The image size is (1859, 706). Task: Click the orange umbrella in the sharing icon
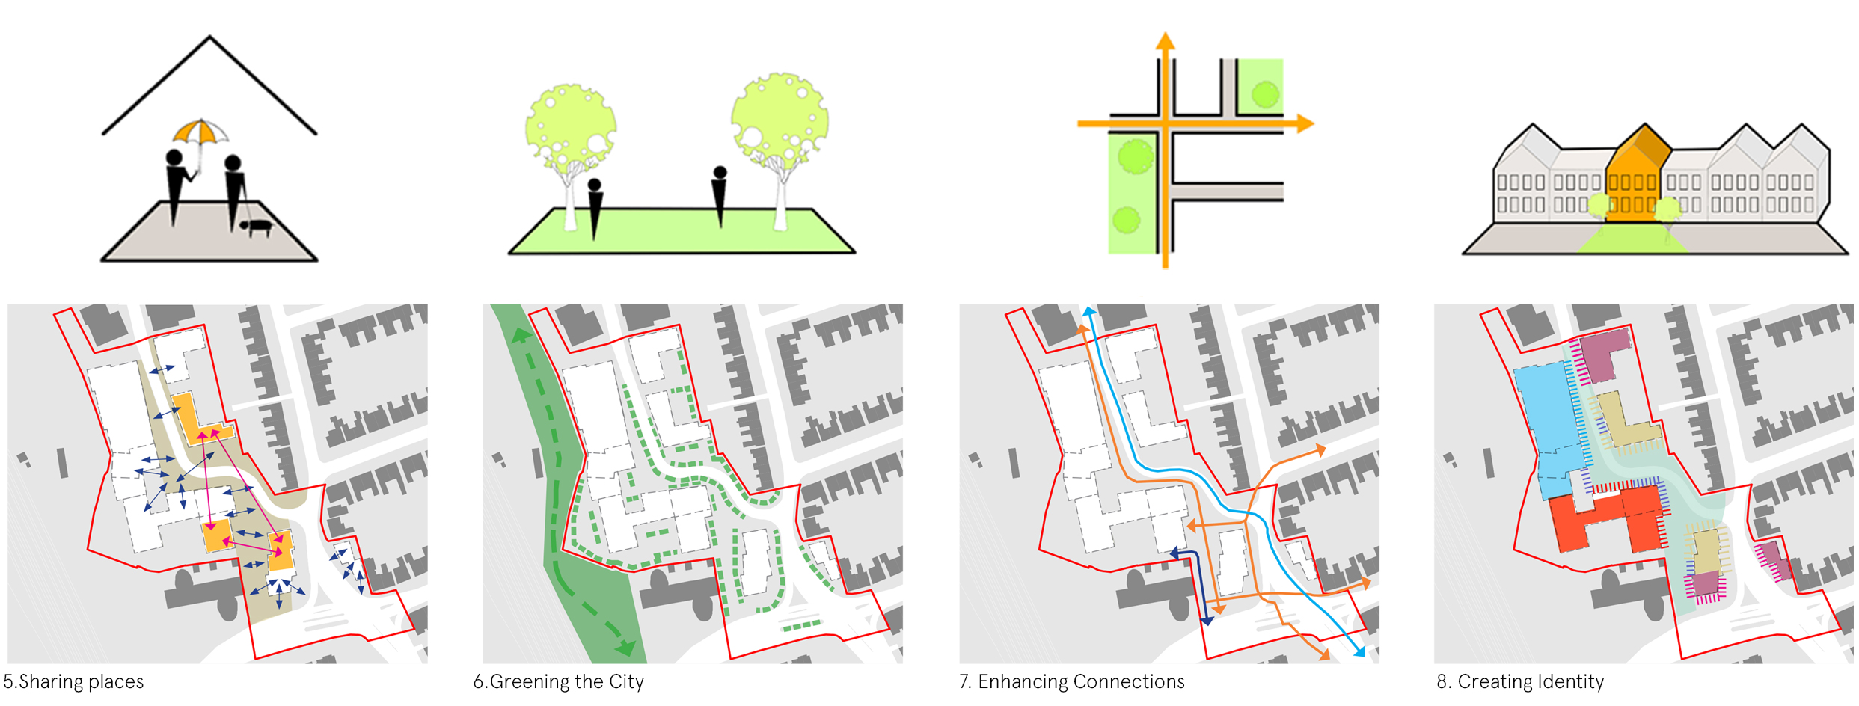[200, 132]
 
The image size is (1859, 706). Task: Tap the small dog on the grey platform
[257, 226]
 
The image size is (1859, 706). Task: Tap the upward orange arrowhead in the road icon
[1165, 40]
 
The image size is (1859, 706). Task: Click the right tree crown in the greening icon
[780, 120]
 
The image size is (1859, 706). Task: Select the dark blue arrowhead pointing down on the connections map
[1206, 621]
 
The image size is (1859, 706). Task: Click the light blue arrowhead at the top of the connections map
[1089, 310]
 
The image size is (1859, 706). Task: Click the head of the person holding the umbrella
[174, 158]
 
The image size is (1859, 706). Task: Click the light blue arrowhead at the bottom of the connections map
[1359, 652]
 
